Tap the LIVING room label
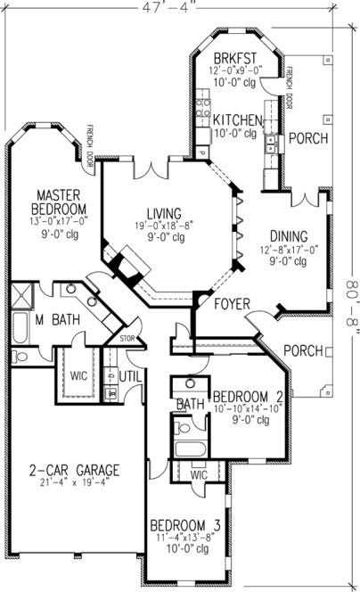point(165,214)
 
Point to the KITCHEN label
point(237,120)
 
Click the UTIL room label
point(131,376)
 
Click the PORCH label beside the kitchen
point(308,138)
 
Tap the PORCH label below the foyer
point(302,350)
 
